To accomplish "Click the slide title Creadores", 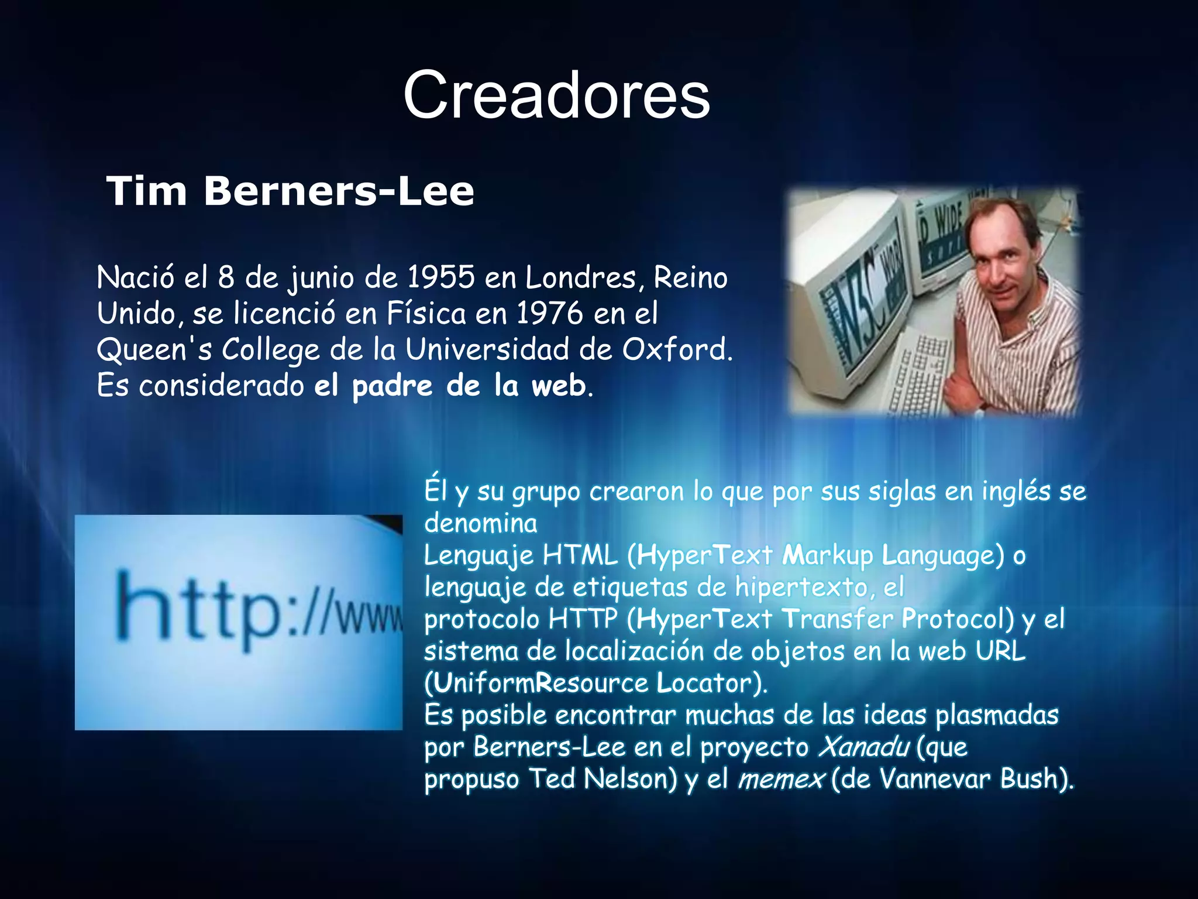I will click(556, 95).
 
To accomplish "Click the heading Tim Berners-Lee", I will click(290, 191).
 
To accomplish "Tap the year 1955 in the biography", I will click(441, 277).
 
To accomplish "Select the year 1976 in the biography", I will click(550, 313).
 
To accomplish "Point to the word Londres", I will click(580, 277).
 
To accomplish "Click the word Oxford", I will click(676, 349).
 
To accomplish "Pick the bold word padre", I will click(393, 386).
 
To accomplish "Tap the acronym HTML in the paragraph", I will click(580, 555).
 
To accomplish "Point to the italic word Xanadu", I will click(863, 747).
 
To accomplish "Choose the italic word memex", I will click(780, 779).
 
